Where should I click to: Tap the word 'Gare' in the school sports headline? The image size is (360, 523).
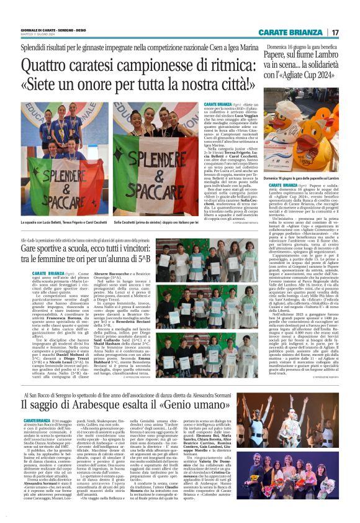[x=39, y=245]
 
